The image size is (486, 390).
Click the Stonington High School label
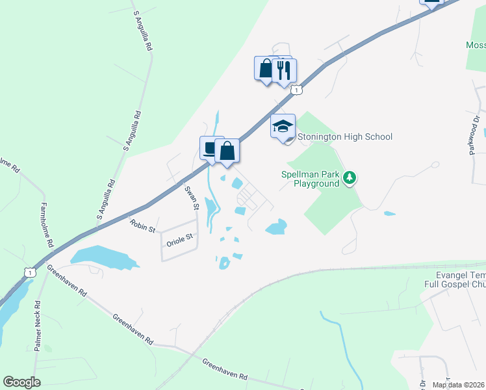pos(344,136)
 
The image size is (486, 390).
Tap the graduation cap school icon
pos(283,126)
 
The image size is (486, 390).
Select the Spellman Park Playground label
pos(311,179)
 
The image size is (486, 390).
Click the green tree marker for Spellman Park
pos(350,178)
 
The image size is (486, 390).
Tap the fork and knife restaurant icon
pos(284,70)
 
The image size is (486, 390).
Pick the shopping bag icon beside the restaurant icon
pos(266,68)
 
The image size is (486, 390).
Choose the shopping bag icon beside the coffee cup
pos(227,151)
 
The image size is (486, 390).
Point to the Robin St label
pos(142,227)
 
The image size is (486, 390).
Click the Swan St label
pos(191,198)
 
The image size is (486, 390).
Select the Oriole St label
pos(181,239)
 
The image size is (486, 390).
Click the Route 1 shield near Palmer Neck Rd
pos(30,272)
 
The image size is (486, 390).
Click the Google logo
pos(22,382)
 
